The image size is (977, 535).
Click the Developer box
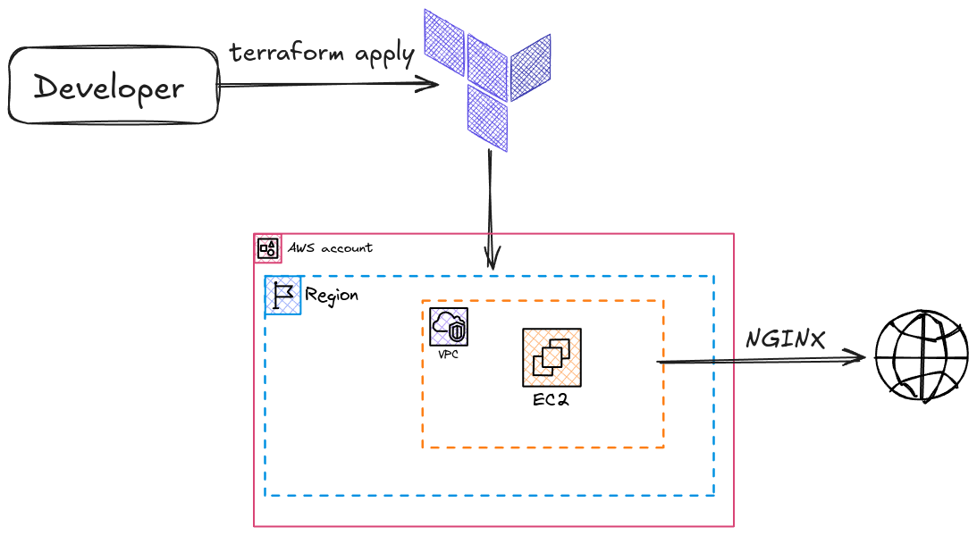coord(113,87)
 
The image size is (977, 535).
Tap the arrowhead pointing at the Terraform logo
coord(431,85)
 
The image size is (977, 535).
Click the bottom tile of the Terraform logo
coord(487,117)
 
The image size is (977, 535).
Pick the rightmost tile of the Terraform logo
coord(530,68)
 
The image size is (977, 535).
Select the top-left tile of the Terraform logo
coord(444,43)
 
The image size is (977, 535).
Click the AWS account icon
coord(267,248)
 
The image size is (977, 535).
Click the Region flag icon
coord(283,296)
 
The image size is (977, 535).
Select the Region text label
coord(332,295)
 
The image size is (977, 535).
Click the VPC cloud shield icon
coord(448,327)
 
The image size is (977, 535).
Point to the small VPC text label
coord(448,355)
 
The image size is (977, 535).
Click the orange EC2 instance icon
coord(552,357)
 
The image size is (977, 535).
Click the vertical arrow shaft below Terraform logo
coord(491,196)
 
